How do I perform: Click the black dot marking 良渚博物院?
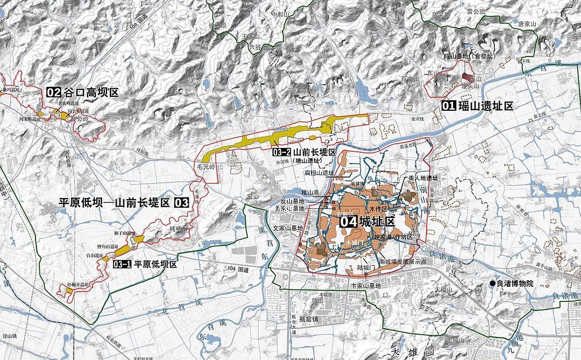492,284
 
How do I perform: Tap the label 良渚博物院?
515,284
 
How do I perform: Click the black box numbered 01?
449,105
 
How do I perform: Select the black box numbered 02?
53,93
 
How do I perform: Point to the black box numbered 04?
348,221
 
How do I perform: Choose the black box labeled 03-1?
122,265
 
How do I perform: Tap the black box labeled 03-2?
282,152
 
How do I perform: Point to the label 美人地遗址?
423,178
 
